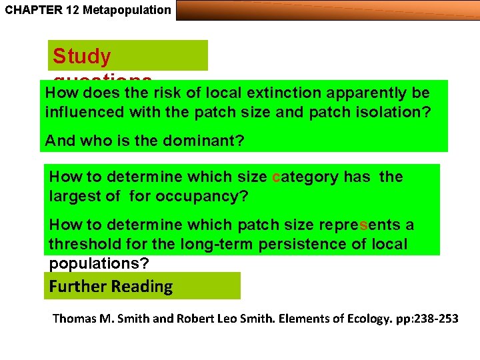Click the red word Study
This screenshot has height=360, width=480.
(82, 56)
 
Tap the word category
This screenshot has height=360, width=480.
(305, 177)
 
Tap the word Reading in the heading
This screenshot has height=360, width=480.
(142, 287)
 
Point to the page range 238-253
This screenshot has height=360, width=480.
(435, 319)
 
